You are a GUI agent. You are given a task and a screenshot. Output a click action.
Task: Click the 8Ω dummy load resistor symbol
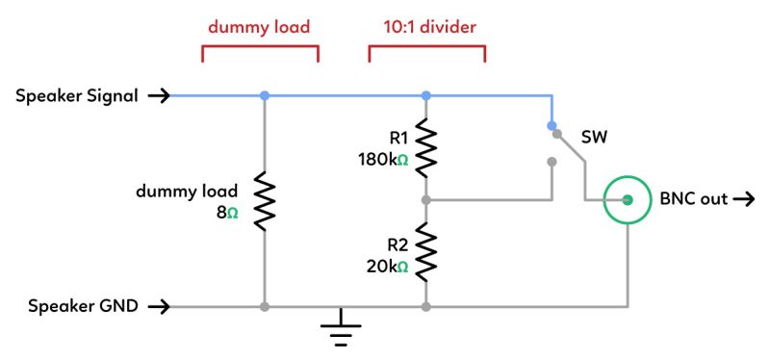pos(264,201)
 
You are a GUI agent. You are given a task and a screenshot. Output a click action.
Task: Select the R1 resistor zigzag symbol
pos(425,143)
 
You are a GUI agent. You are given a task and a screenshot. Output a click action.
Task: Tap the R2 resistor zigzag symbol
pos(425,251)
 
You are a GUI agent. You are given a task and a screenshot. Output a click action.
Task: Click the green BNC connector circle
pos(627,200)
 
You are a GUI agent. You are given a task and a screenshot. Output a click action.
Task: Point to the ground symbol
pos(341,331)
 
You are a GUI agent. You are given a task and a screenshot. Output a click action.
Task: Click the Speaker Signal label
pos(77,95)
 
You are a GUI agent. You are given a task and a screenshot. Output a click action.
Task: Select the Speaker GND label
pos(83,306)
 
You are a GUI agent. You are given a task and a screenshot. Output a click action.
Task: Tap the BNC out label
pos(693,200)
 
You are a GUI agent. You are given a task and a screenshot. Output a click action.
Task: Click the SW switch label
pos(594,140)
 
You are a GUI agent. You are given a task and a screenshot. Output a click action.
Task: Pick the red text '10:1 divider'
pos(426,27)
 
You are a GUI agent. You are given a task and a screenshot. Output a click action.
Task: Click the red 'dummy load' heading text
pos(259,27)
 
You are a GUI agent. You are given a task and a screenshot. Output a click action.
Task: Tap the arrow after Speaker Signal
pos(160,95)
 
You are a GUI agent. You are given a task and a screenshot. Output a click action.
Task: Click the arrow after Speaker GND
pos(160,307)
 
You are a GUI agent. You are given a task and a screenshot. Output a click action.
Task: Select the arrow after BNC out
pos(744,200)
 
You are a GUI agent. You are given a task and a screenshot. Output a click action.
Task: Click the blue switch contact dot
pos(552,126)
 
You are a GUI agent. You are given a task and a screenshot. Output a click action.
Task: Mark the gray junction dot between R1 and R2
pos(425,200)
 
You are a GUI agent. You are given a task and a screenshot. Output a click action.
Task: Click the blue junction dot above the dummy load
pos(264,95)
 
